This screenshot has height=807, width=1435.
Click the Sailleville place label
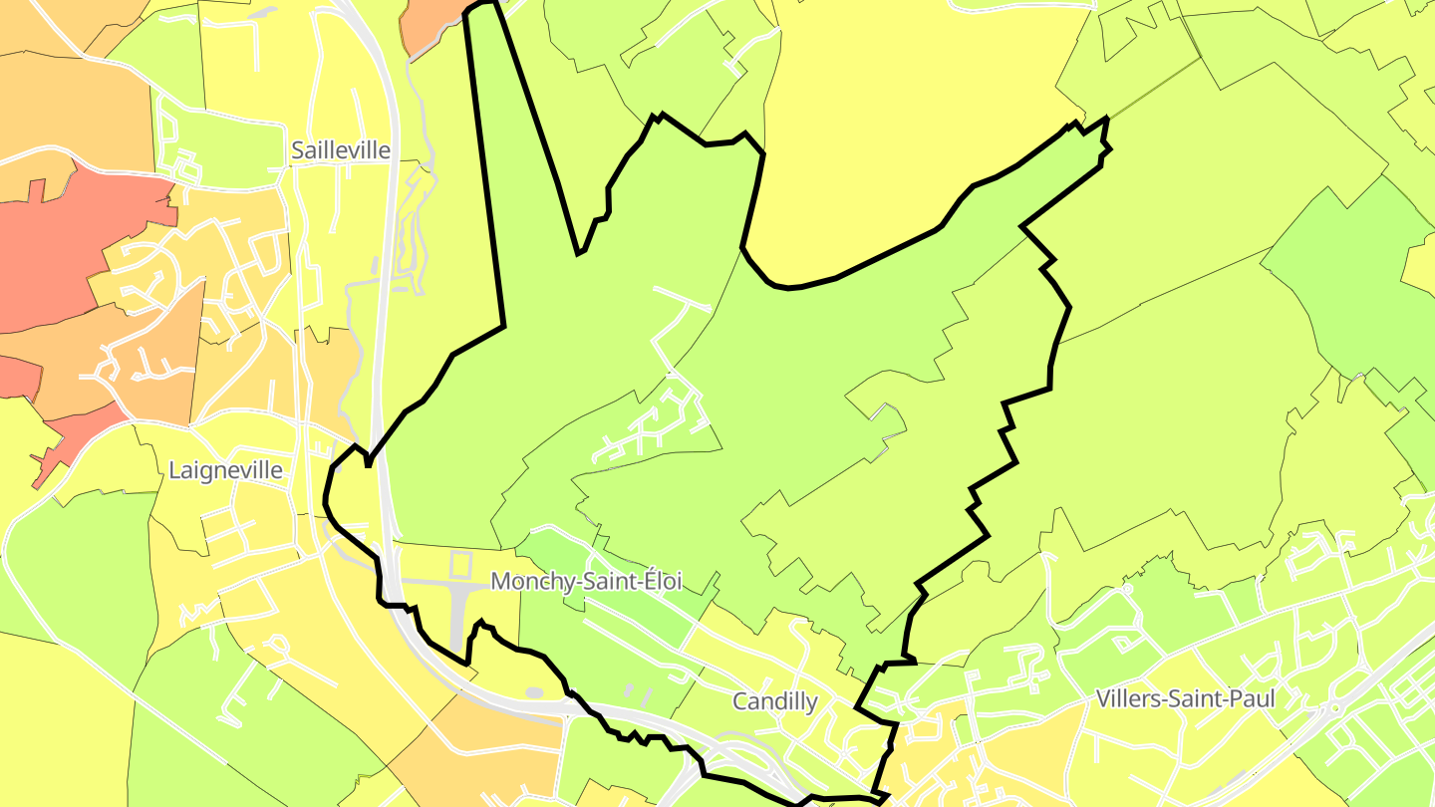point(341,150)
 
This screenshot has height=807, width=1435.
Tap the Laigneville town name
point(226,470)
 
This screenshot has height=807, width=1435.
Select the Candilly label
point(774,701)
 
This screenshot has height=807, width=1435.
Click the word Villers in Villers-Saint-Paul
point(1128,698)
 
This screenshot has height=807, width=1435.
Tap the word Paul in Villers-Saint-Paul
point(1252,698)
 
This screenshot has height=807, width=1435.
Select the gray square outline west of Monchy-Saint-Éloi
point(460,565)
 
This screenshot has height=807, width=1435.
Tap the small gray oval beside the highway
point(534,692)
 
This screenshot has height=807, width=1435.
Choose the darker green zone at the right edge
point(1355,279)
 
